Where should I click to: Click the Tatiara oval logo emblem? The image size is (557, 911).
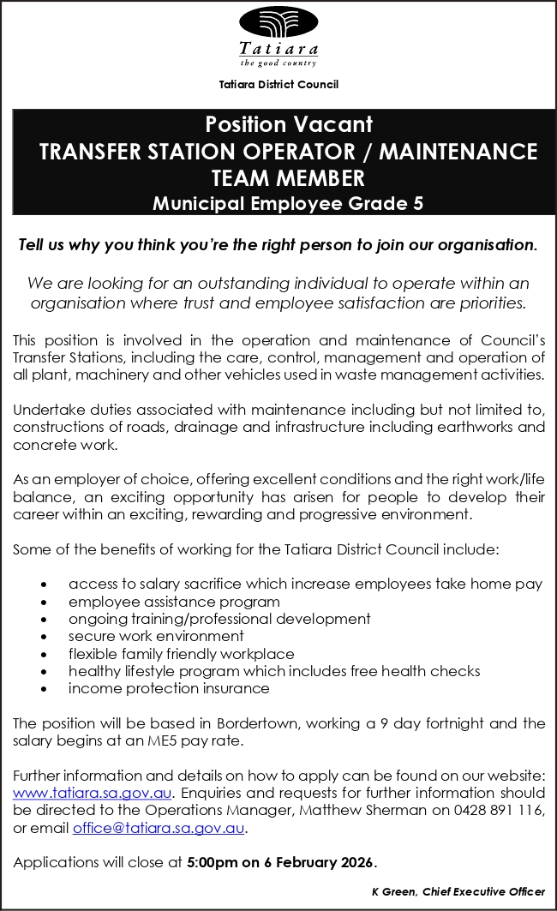click(x=278, y=22)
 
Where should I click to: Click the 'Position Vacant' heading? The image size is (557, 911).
click(x=288, y=125)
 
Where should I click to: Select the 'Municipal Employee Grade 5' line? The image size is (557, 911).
click(x=288, y=204)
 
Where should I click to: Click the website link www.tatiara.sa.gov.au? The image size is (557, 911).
click(x=92, y=792)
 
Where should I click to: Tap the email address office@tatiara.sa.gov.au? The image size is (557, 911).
click(x=159, y=828)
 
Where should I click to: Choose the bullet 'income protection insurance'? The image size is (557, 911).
click(x=169, y=688)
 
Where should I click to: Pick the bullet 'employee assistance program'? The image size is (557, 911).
click(x=174, y=602)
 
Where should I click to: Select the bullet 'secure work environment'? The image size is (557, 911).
click(x=156, y=636)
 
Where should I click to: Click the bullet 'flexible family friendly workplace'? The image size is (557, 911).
click(x=181, y=653)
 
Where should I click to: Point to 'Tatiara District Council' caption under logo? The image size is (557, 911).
click(x=278, y=84)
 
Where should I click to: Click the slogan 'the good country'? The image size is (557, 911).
click(x=278, y=63)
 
